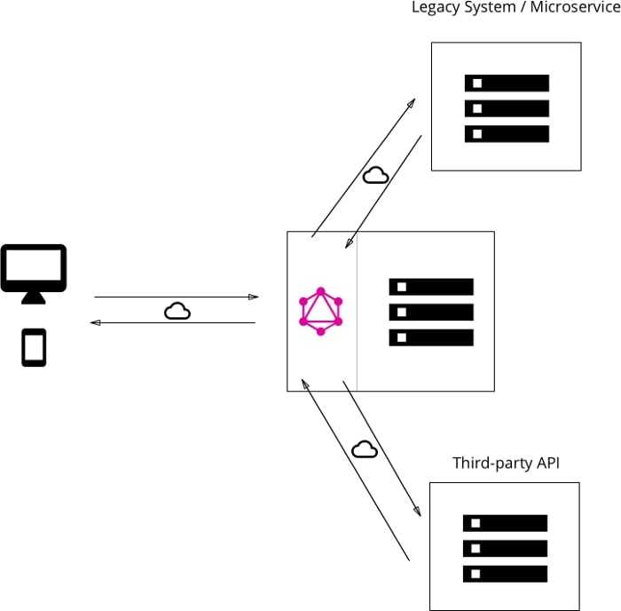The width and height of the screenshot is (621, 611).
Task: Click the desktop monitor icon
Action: [x=34, y=269]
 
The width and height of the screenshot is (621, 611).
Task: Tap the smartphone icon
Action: [x=34, y=347]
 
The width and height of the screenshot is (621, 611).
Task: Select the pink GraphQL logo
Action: [x=321, y=312]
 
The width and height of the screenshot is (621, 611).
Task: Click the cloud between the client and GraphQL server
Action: [x=177, y=311]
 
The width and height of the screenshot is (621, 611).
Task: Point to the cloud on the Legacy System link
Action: [x=376, y=175]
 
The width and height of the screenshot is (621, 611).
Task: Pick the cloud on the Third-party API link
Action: [x=365, y=449]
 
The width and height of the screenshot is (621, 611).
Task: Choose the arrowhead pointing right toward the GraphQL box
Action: [x=254, y=297]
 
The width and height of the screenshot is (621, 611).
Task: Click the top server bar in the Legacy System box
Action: [x=507, y=83]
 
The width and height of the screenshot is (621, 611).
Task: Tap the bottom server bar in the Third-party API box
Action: [x=505, y=574]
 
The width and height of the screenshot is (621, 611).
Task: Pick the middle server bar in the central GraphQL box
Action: [x=431, y=312]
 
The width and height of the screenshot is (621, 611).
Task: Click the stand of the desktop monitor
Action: [x=34, y=298]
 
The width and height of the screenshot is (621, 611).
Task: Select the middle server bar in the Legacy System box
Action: [x=507, y=108]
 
